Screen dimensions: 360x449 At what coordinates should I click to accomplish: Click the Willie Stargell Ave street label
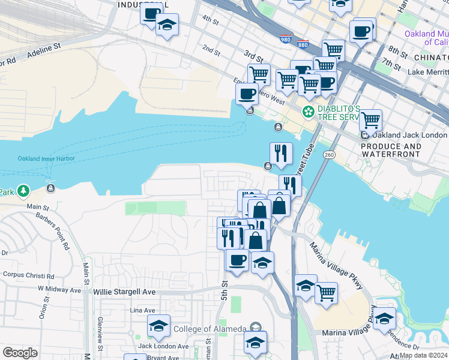[125, 292]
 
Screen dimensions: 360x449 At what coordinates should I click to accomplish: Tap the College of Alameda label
[209, 329]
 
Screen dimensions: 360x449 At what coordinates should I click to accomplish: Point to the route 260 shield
[329, 155]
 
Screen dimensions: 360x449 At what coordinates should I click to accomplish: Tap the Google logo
[20, 353]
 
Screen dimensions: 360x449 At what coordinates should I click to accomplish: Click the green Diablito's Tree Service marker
[309, 112]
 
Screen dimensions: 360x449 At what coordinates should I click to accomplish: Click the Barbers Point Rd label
[53, 230]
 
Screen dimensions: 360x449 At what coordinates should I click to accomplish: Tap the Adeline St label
[44, 46]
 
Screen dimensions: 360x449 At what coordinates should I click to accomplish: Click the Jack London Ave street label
[164, 346]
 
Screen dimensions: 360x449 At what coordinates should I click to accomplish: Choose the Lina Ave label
[143, 310]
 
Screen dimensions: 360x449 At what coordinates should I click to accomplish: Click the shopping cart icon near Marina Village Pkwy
[327, 292]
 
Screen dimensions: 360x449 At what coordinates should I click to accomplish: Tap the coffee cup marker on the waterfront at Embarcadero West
[247, 94]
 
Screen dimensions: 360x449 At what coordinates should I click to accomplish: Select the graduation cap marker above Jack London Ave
[159, 325]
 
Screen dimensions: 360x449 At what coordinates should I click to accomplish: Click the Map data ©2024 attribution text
[424, 355]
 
